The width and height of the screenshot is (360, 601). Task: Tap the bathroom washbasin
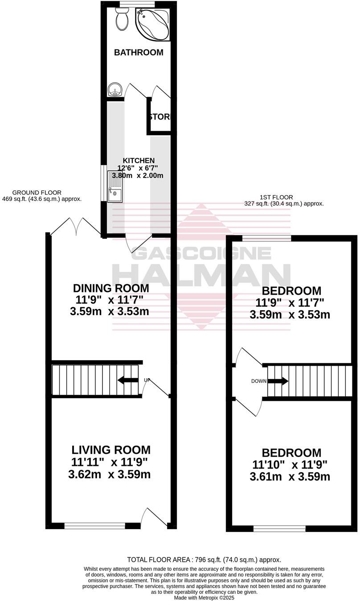coord(115,90)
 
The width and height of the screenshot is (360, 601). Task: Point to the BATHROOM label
coord(139,53)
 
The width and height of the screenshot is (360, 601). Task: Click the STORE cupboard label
coord(160,117)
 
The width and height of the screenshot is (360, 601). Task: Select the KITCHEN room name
coord(139,161)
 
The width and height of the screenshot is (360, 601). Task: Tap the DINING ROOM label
coord(111,288)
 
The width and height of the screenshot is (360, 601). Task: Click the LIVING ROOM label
coord(111,450)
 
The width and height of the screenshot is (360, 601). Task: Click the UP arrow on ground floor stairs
coord(128,380)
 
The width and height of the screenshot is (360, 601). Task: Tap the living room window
coord(94,526)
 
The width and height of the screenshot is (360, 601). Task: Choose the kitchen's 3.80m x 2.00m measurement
coord(138,176)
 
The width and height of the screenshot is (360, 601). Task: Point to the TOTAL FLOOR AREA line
coord(204,560)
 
